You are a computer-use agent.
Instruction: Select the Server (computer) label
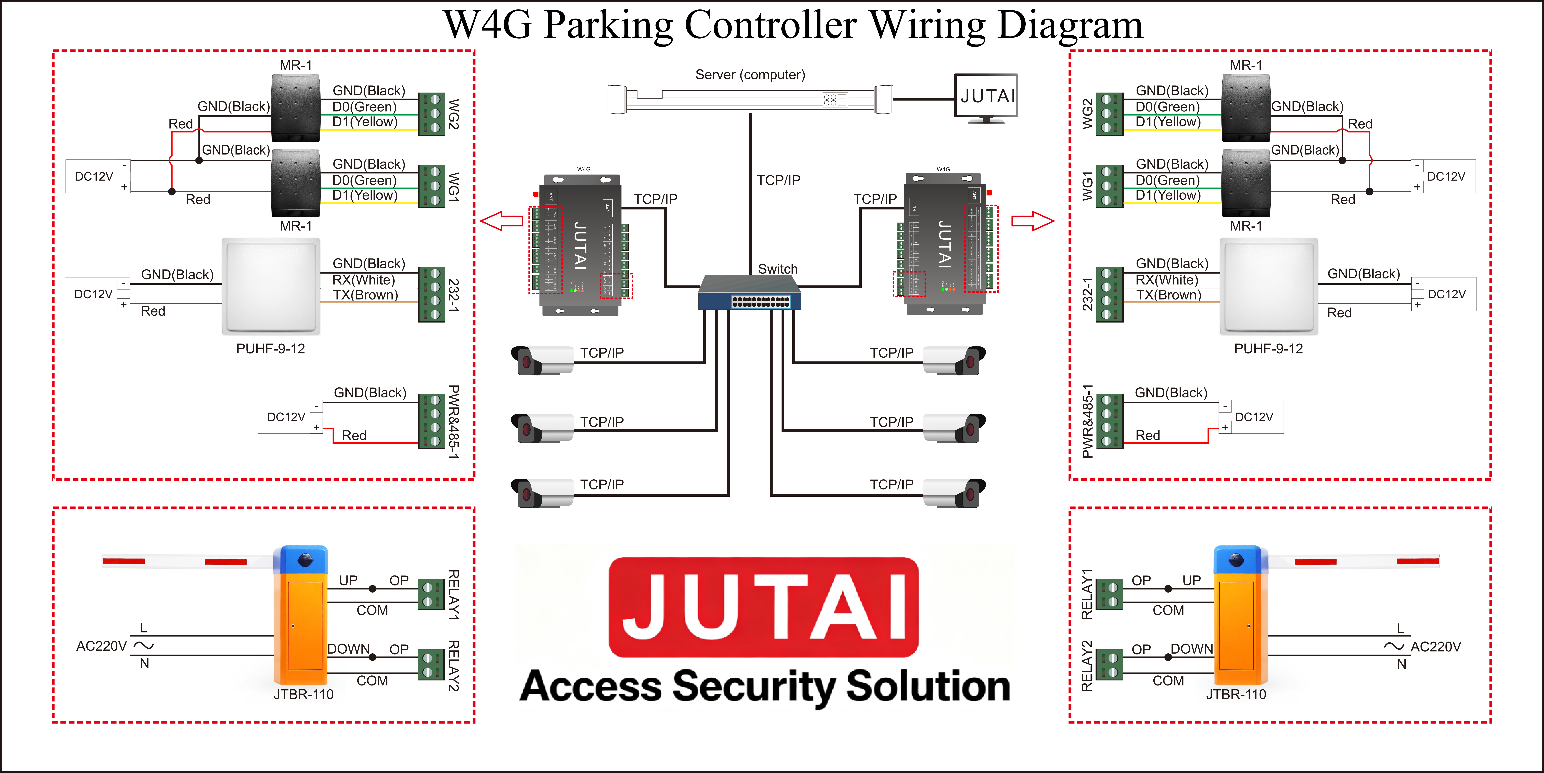point(750,75)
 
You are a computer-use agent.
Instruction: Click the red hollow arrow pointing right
point(1032,221)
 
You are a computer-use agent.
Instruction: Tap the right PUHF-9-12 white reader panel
point(1269,286)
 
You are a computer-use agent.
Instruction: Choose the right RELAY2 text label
point(1086,665)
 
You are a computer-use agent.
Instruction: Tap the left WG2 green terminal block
point(431,114)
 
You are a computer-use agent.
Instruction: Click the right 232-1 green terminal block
point(1109,294)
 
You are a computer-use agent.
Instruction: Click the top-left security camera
point(541,360)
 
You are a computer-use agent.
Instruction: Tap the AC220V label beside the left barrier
point(101,646)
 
